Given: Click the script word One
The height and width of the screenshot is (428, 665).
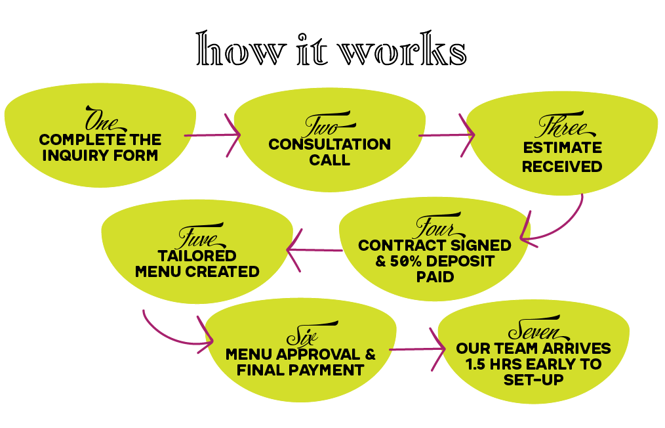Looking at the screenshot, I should (x=101, y=119).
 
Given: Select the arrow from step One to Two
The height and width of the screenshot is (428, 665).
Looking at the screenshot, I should (x=211, y=135).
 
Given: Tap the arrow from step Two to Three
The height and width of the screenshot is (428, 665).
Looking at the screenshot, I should (x=446, y=135).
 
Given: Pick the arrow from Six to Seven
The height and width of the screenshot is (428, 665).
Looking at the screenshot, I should (x=416, y=349).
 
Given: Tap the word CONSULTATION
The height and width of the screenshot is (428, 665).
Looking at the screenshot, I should (x=329, y=144).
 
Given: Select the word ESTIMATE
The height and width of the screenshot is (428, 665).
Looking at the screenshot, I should (x=561, y=147).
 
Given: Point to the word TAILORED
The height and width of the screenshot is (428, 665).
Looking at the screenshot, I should (x=197, y=255).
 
